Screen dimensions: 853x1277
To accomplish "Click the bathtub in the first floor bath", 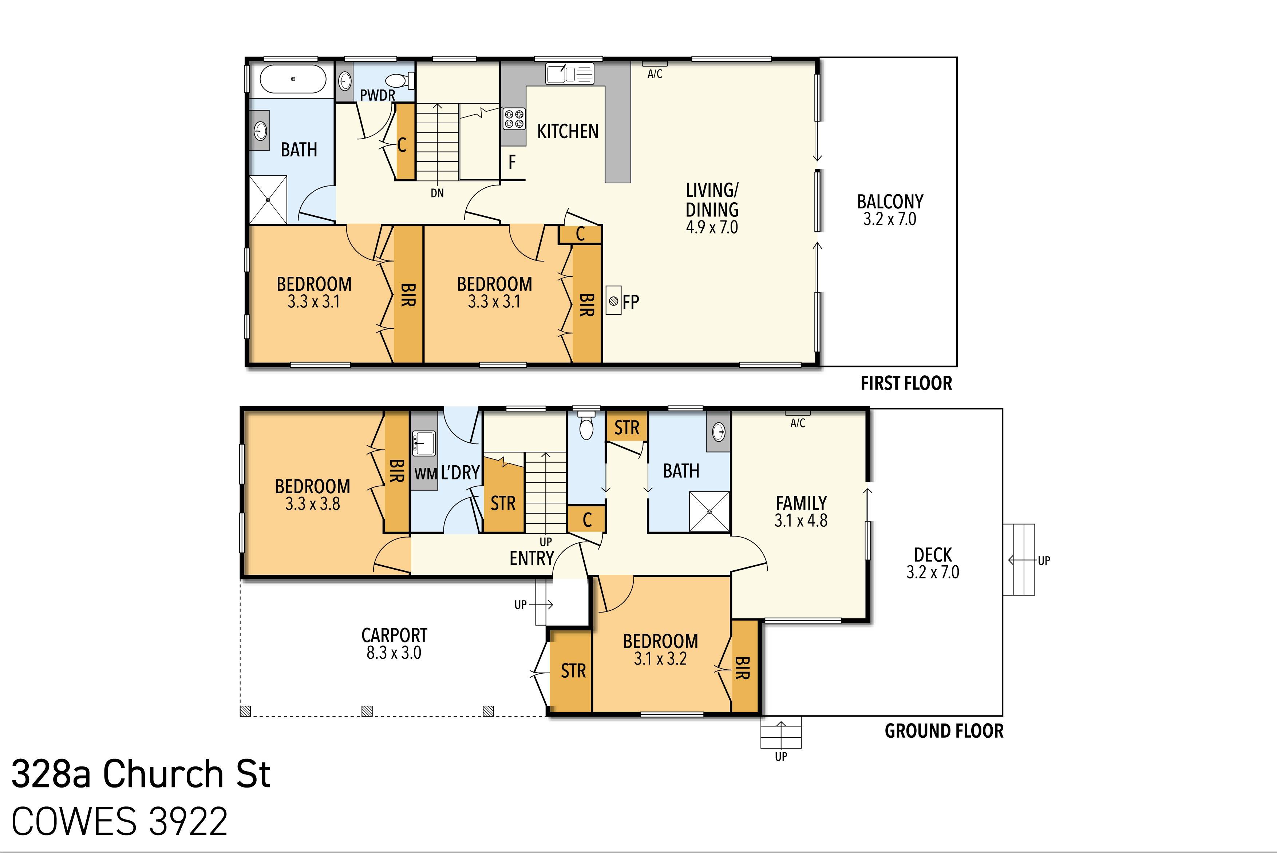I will (x=293, y=79).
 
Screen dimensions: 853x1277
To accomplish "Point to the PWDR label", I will (x=377, y=95).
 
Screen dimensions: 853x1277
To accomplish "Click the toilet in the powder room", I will (x=402, y=81).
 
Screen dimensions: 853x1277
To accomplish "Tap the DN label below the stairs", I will (x=437, y=193).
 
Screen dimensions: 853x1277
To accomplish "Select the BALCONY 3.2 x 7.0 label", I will (x=890, y=210).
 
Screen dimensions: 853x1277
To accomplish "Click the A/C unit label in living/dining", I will (x=655, y=74).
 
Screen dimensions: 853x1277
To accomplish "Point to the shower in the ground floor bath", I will (x=709, y=511).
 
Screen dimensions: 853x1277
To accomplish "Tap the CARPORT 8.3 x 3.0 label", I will (x=394, y=643).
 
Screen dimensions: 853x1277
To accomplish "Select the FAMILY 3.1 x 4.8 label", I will (x=801, y=511).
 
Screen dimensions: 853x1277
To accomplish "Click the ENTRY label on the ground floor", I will (x=531, y=558).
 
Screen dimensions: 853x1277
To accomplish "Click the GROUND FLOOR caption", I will (x=944, y=731).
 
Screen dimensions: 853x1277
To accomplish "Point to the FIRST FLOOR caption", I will (x=906, y=383).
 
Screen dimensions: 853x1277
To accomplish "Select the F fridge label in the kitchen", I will (x=512, y=162).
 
